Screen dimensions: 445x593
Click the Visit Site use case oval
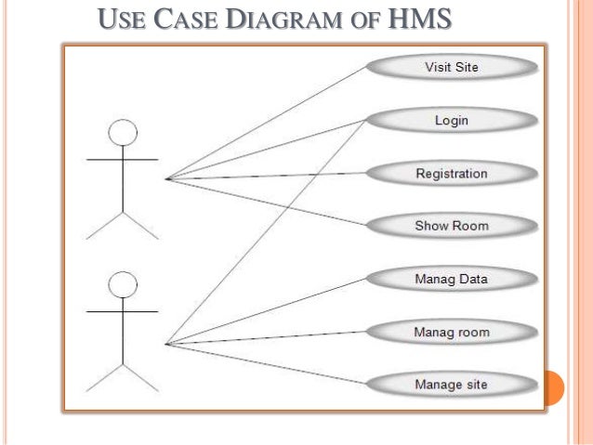point(451,67)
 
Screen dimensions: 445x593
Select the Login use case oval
point(451,120)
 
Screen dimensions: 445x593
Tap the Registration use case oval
point(451,173)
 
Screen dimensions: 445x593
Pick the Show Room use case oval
point(451,225)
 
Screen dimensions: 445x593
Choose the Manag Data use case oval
point(451,278)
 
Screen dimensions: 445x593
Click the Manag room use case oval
point(451,331)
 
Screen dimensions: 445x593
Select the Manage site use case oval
point(451,384)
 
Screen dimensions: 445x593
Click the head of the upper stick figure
point(123,133)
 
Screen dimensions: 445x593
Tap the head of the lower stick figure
point(123,283)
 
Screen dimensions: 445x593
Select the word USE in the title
point(120,19)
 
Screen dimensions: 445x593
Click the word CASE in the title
point(185,19)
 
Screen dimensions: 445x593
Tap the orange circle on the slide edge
point(553,387)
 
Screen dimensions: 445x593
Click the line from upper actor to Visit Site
point(270,122)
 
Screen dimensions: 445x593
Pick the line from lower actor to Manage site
point(270,363)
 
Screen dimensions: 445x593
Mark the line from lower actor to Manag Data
point(270,310)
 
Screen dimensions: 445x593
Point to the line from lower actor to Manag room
point(270,337)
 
